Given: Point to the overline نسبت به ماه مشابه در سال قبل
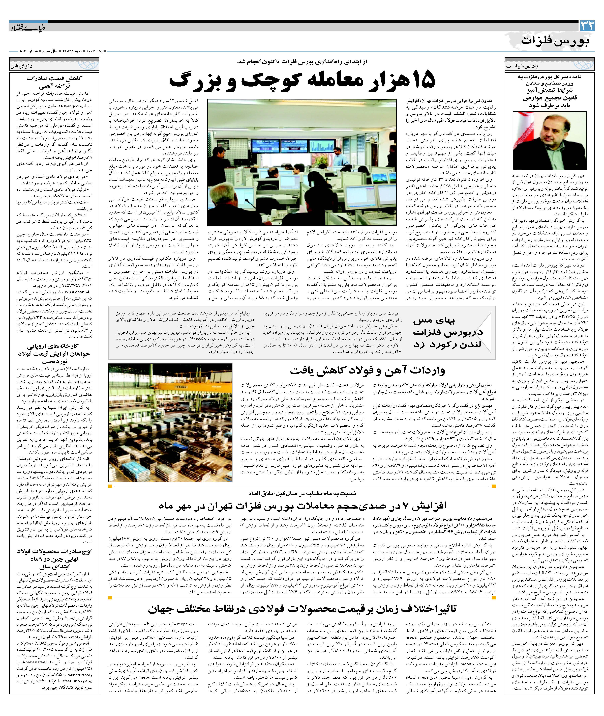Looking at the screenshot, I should pos(302,493).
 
